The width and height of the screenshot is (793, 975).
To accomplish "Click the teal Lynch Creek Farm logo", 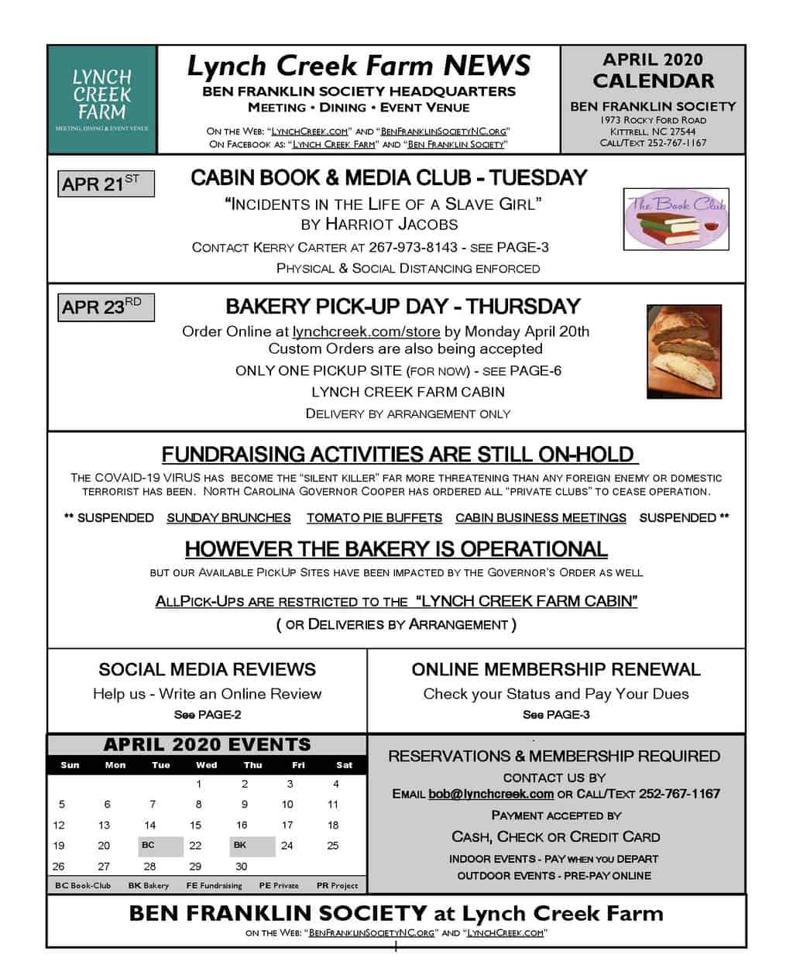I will pos(101,98).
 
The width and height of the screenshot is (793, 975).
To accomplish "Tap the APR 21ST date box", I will pos(106,184).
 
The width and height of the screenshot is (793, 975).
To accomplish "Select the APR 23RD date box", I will pos(106,307).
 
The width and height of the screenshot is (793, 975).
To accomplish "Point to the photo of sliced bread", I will pos(684,351).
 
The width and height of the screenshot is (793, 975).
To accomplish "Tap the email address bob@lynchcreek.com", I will pos(491,794).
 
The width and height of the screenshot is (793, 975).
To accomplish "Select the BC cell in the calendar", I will pos(160,846).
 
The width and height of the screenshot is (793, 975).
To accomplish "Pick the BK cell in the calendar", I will pos(252,846).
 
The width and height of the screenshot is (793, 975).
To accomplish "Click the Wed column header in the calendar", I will pos(207,765).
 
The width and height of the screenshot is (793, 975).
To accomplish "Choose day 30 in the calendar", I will pos(242,867).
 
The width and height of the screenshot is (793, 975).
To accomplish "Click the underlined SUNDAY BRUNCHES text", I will pos(228,518).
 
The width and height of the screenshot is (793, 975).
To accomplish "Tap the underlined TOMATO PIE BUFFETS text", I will pos(374,518).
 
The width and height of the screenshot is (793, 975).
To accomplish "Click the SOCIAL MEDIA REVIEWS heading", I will pos(207,669).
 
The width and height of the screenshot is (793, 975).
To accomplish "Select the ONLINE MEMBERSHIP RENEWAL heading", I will pos(556,669).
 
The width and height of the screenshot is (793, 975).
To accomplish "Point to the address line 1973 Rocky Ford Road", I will pos(653,120).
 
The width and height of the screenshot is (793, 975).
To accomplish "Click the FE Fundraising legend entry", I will pos(214,885).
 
